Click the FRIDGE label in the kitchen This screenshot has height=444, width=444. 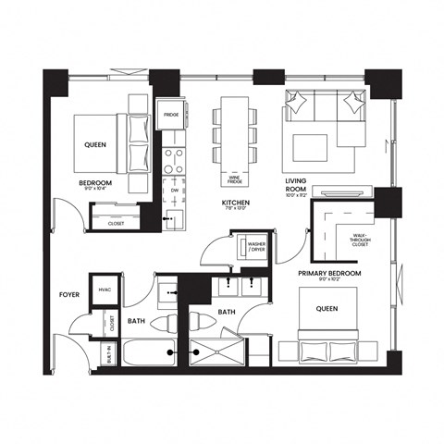click(x=171, y=115)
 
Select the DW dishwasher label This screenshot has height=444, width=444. click(x=174, y=190)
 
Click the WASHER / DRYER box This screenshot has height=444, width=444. click(x=255, y=248)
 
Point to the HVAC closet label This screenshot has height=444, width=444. click(x=105, y=290)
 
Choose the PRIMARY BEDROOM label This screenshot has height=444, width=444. click(x=328, y=275)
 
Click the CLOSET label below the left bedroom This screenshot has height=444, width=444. click(x=116, y=223)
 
